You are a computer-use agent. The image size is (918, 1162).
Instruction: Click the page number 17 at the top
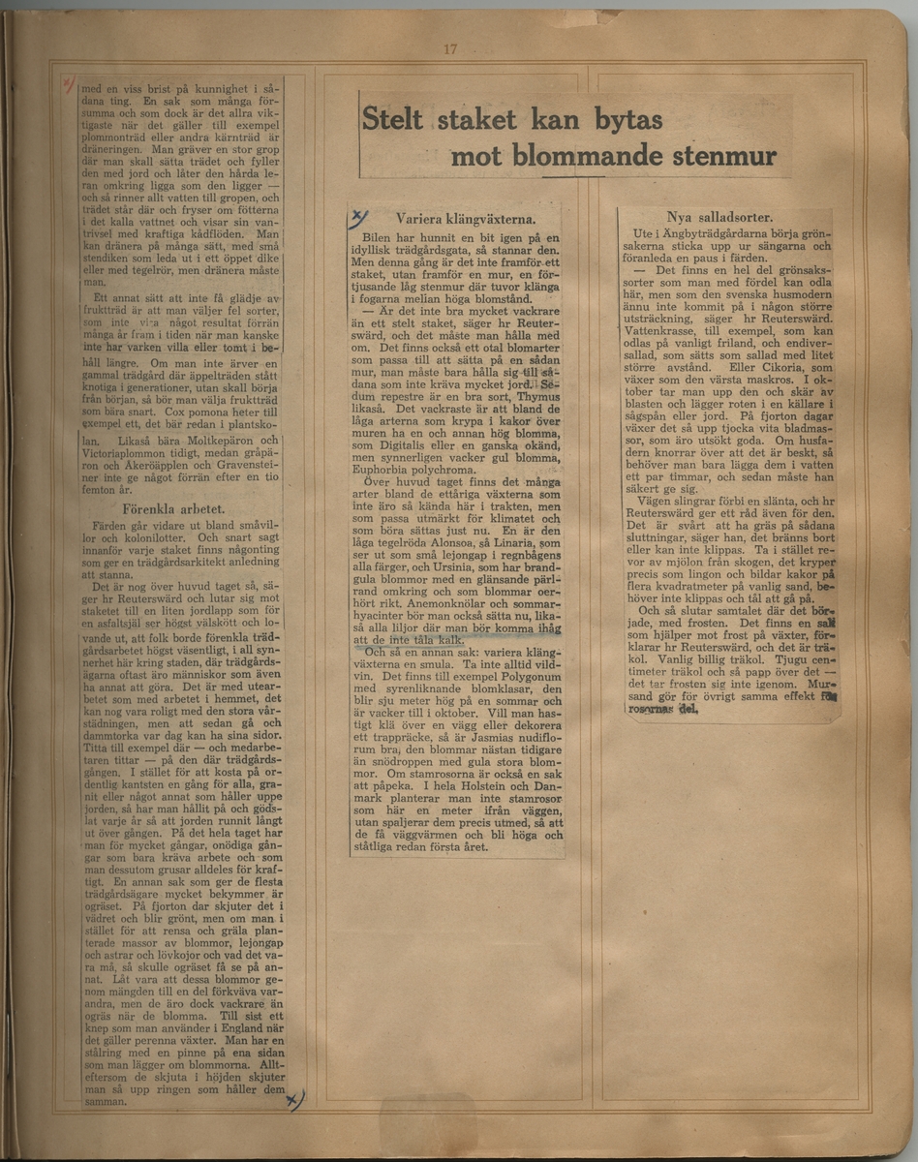[449, 50]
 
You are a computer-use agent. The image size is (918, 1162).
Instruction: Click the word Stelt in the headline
[393, 120]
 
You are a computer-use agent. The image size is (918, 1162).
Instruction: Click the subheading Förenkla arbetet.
[174, 507]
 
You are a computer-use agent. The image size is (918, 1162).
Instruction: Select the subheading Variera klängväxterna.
[458, 220]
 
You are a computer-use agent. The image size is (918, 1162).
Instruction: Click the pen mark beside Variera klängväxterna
[359, 217]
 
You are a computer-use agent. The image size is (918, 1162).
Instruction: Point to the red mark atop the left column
[68, 84]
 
